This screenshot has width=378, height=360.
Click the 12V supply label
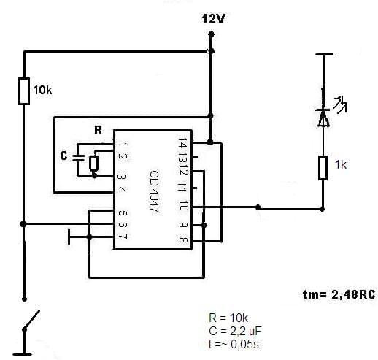point(213,18)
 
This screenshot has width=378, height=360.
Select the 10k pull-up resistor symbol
point(24,91)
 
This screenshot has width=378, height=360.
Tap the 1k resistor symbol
point(323,168)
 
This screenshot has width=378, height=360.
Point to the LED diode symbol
point(323,118)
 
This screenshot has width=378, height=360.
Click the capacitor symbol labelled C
point(79,158)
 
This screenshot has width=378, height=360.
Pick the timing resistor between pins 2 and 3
point(93,164)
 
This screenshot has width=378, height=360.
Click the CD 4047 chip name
point(154,191)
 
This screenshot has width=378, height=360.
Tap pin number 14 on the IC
point(182,143)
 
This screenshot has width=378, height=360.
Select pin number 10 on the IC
point(183,206)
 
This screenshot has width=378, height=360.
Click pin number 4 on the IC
point(122,189)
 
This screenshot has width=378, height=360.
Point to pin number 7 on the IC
point(122,236)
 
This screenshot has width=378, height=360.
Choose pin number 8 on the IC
point(183,240)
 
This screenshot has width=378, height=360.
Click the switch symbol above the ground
point(31,320)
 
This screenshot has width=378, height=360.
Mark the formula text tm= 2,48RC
point(339,294)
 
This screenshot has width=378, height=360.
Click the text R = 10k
point(228,318)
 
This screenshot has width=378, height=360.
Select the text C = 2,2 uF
point(235,331)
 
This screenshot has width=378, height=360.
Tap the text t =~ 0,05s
point(234,344)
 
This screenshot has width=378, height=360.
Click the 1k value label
point(341,165)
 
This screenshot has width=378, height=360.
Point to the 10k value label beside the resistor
point(42,91)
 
